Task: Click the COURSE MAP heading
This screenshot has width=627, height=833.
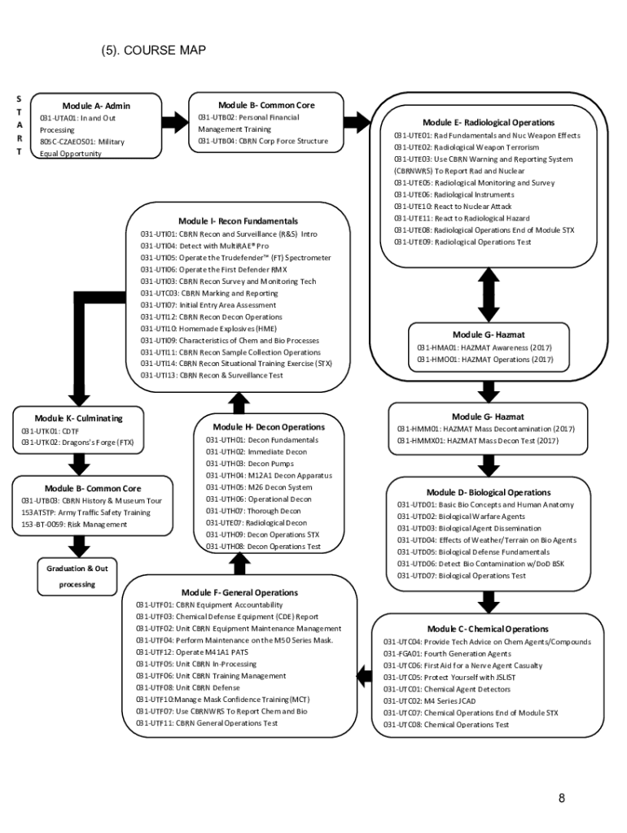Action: point(153,51)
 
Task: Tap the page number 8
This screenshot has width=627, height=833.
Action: point(562,797)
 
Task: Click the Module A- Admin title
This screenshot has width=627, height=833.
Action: point(96,106)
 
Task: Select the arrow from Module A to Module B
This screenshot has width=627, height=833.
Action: point(174,123)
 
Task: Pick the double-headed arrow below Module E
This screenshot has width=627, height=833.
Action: point(489,294)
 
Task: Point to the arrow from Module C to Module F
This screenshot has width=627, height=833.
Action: point(363,673)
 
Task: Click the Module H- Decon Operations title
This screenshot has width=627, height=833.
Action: point(269,427)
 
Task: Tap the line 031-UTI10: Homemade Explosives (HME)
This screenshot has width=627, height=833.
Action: point(208,329)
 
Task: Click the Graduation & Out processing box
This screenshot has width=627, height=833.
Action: point(77,576)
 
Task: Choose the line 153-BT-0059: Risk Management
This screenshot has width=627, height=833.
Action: point(74,525)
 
